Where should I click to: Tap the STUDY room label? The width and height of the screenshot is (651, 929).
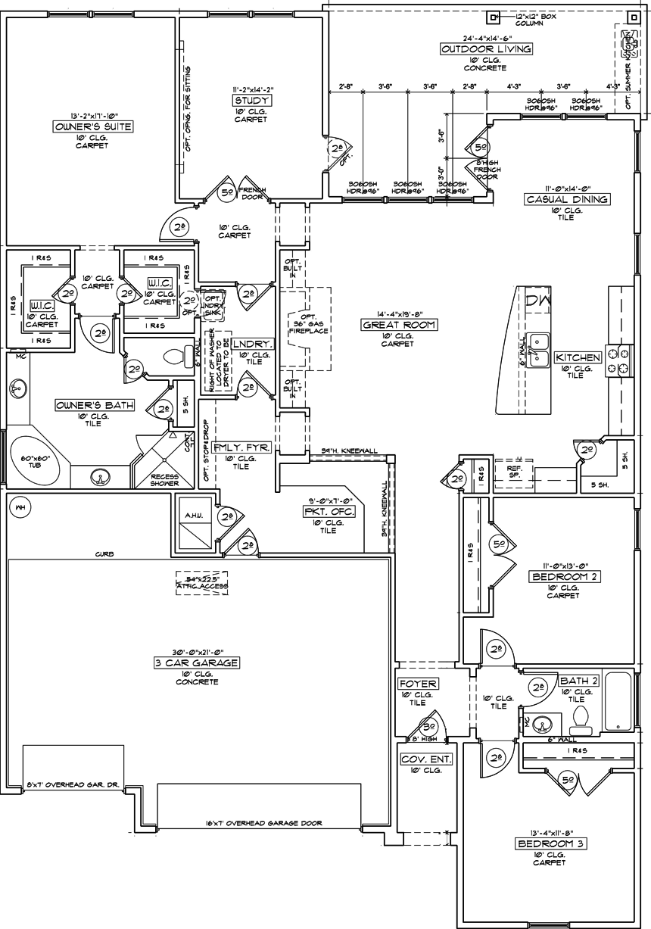pyautogui.click(x=252, y=101)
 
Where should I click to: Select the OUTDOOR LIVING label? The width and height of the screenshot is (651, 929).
pyautogui.click(x=486, y=49)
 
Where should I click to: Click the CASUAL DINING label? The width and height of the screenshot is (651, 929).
pyautogui.click(x=567, y=199)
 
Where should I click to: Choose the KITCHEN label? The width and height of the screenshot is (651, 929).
pyautogui.click(x=578, y=357)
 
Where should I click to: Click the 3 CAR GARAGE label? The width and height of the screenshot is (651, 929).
pyautogui.click(x=195, y=662)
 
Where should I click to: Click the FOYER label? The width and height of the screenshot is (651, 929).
pyautogui.click(x=417, y=684)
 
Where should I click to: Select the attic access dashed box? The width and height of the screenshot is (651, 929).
pyautogui.click(x=203, y=583)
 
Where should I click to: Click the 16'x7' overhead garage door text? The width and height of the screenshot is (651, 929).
pyautogui.click(x=263, y=823)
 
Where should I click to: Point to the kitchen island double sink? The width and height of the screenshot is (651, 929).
pyautogui.click(x=539, y=348)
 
